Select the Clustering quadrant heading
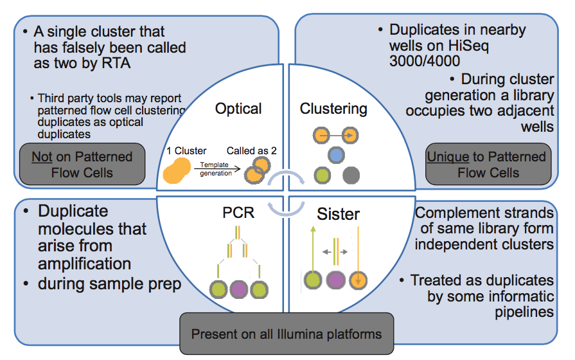pyautogui.click(x=333, y=109)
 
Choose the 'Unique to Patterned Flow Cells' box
pyautogui.click(x=488, y=165)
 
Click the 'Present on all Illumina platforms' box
pyautogui.click(x=287, y=334)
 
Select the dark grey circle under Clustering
pyautogui.click(x=351, y=175)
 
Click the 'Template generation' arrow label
pyautogui.click(x=212, y=169)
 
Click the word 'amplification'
pyautogui.click(x=85, y=264)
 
